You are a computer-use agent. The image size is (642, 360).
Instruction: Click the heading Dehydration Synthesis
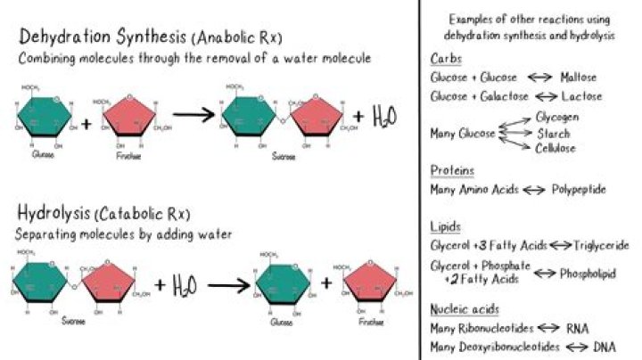(97, 37)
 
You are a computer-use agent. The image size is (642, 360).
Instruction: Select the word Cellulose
(557, 147)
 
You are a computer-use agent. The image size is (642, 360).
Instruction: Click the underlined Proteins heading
(451, 170)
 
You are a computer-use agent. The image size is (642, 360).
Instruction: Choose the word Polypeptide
(580, 190)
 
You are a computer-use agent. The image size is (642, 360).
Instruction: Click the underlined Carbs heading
(445, 60)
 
